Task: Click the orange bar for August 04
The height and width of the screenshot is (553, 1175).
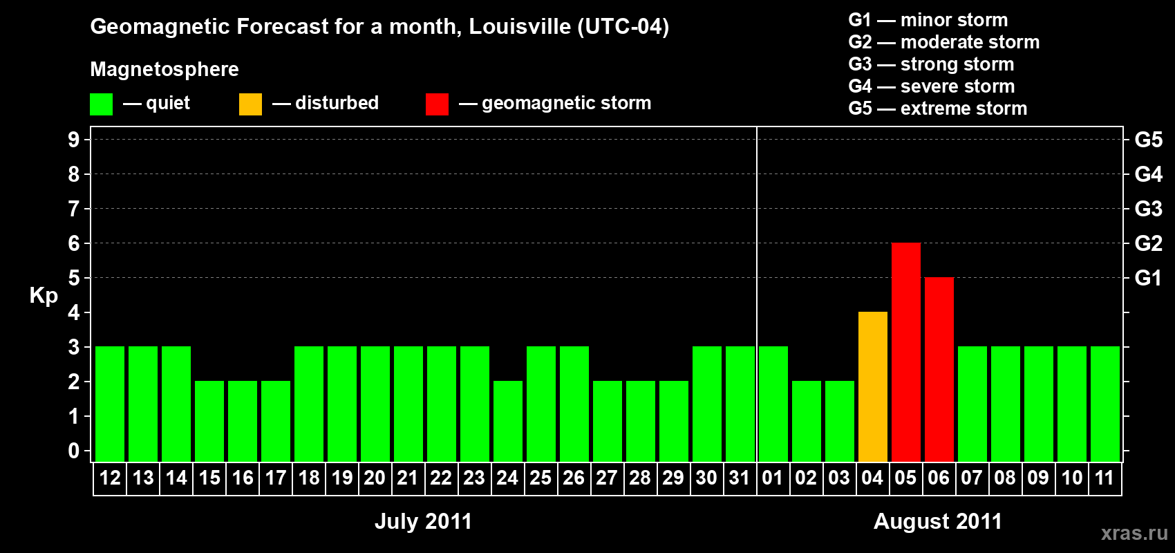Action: pos(872,386)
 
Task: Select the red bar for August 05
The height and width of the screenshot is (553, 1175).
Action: pos(905,352)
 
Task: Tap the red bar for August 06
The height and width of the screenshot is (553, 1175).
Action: pos(939,369)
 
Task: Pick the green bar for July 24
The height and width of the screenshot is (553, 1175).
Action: pos(507,421)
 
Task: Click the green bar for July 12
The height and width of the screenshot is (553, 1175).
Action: pos(110,404)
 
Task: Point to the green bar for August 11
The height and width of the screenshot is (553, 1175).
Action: pos(1104,404)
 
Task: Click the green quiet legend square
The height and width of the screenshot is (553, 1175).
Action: pos(101,104)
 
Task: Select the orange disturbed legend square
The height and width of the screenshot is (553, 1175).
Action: pos(250,104)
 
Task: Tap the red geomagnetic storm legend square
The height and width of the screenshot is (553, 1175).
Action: pos(437,104)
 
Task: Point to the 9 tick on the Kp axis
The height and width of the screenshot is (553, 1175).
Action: pos(74,140)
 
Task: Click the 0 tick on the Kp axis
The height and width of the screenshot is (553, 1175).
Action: pos(74,451)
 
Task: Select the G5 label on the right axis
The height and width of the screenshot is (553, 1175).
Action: pos(1148,140)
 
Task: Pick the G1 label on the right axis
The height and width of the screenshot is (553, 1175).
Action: pos(1148,278)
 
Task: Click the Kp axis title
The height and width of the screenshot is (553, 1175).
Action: pos(44,296)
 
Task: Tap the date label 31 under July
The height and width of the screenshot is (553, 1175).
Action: pos(739,478)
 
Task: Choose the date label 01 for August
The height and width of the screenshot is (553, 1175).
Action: pos(772,478)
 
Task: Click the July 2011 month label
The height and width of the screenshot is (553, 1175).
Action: pos(423,521)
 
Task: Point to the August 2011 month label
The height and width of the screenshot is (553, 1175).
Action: pos(937,521)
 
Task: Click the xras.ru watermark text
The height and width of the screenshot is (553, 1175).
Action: pos(1134,533)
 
